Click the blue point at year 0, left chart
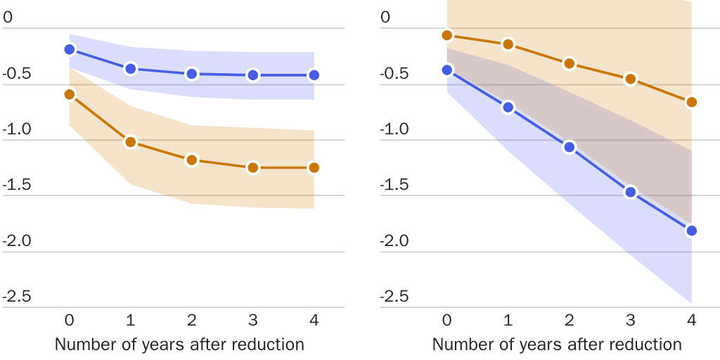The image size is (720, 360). (69, 49)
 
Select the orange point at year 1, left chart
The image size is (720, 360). (130, 142)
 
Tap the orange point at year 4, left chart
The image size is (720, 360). (314, 167)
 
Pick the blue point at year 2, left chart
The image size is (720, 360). (191, 74)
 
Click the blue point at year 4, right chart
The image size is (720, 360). (691, 231)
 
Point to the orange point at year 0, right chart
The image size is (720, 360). (446, 35)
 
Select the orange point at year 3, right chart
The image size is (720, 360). (631, 79)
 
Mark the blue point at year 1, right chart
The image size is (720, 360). (508, 108)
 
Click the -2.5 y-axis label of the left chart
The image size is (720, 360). (17, 296)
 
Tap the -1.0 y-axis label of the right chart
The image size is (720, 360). (394, 129)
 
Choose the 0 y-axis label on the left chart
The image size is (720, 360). (8, 18)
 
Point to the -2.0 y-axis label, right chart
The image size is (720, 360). (394, 240)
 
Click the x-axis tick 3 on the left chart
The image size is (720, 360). (252, 321)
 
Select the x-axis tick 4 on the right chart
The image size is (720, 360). (691, 321)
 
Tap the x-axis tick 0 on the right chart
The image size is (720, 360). (446, 321)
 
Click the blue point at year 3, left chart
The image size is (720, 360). (252, 75)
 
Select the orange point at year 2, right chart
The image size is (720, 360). (569, 64)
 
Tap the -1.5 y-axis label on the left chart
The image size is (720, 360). (17, 184)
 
